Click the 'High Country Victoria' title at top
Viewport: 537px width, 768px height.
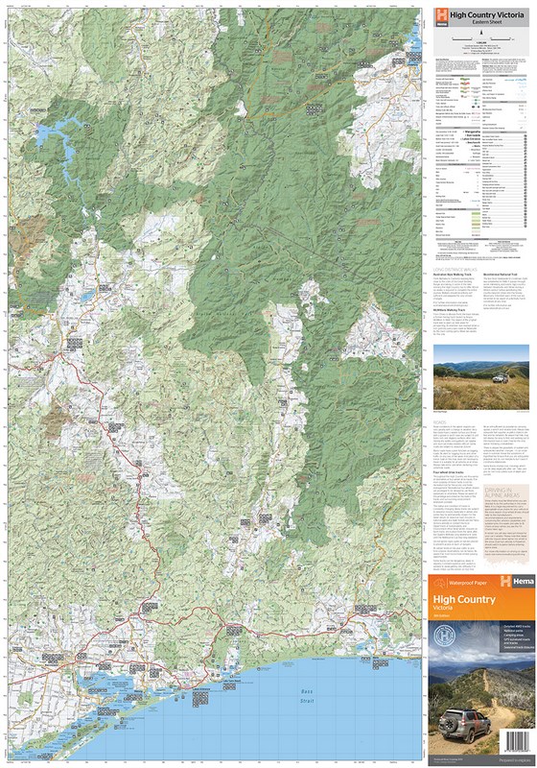(486, 14)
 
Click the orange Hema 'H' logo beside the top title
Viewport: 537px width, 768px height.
(441, 16)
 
